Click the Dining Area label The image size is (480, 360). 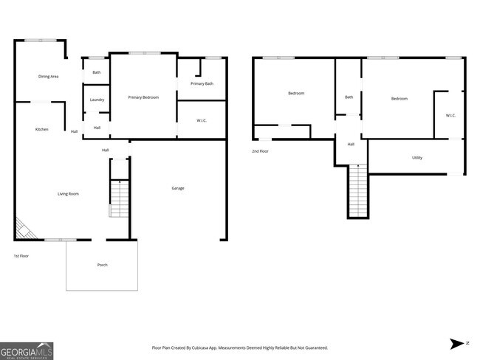click(x=49, y=76)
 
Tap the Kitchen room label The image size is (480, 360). click(x=42, y=130)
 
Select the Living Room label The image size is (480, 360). click(x=68, y=194)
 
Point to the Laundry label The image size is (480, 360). click(x=97, y=100)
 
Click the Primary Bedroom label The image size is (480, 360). click(x=143, y=97)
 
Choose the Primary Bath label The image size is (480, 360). click(x=202, y=84)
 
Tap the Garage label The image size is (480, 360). click(x=178, y=188)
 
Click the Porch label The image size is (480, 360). click(x=102, y=265)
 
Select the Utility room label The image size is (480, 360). click(x=417, y=158)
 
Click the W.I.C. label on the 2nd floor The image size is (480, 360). click(x=450, y=115)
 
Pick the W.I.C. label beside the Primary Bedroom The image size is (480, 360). click(x=202, y=120)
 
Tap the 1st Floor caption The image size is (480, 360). click(x=21, y=256)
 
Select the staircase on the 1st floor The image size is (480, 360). click(x=119, y=198)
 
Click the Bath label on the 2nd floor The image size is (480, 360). click(x=349, y=97)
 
